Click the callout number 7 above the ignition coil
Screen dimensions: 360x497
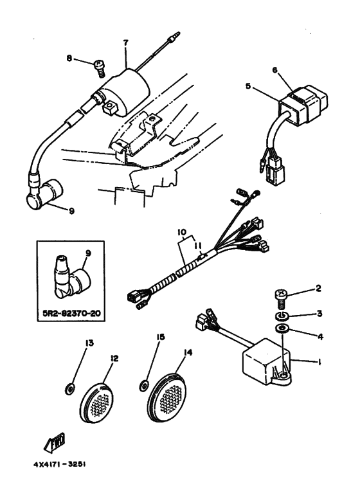126,43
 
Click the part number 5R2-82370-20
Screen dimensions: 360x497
71,314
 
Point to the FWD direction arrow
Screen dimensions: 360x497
55,442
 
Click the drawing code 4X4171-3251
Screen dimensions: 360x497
60,464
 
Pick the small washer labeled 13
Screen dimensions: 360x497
70,389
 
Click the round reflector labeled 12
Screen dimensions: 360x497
97,402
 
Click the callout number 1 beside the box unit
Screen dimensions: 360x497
319,362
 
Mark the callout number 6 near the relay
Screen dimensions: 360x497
274,70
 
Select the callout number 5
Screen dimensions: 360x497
248,86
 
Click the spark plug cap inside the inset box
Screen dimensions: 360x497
70,277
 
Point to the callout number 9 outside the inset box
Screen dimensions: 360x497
71,210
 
